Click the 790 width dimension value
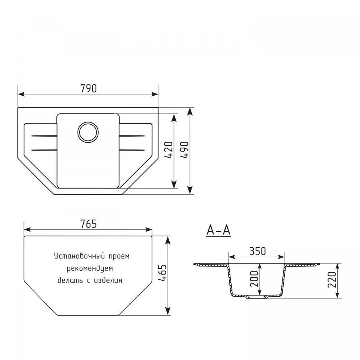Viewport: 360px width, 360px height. (88, 89)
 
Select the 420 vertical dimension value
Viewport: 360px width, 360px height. (168, 150)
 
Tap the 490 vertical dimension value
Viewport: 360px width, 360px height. (184, 150)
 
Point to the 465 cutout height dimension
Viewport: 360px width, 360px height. (162, 274)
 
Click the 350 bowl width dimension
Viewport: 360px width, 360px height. (257, 251)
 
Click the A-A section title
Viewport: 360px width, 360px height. (218, 230)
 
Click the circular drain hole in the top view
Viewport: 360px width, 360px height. (88, 131)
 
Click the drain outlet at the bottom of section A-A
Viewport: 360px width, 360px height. (255, 298)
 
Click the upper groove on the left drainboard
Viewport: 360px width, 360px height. (43, 136)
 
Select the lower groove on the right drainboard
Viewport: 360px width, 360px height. (132, 150)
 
